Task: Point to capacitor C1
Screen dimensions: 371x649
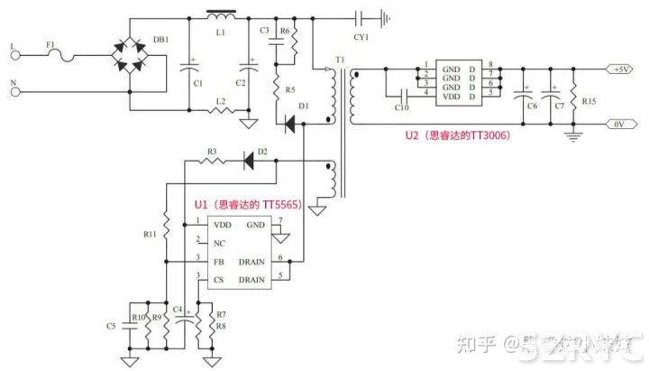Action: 190,65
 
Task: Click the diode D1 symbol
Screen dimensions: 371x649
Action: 290,125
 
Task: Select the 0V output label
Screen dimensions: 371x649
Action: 620,125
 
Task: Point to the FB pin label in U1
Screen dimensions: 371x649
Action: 218,263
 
